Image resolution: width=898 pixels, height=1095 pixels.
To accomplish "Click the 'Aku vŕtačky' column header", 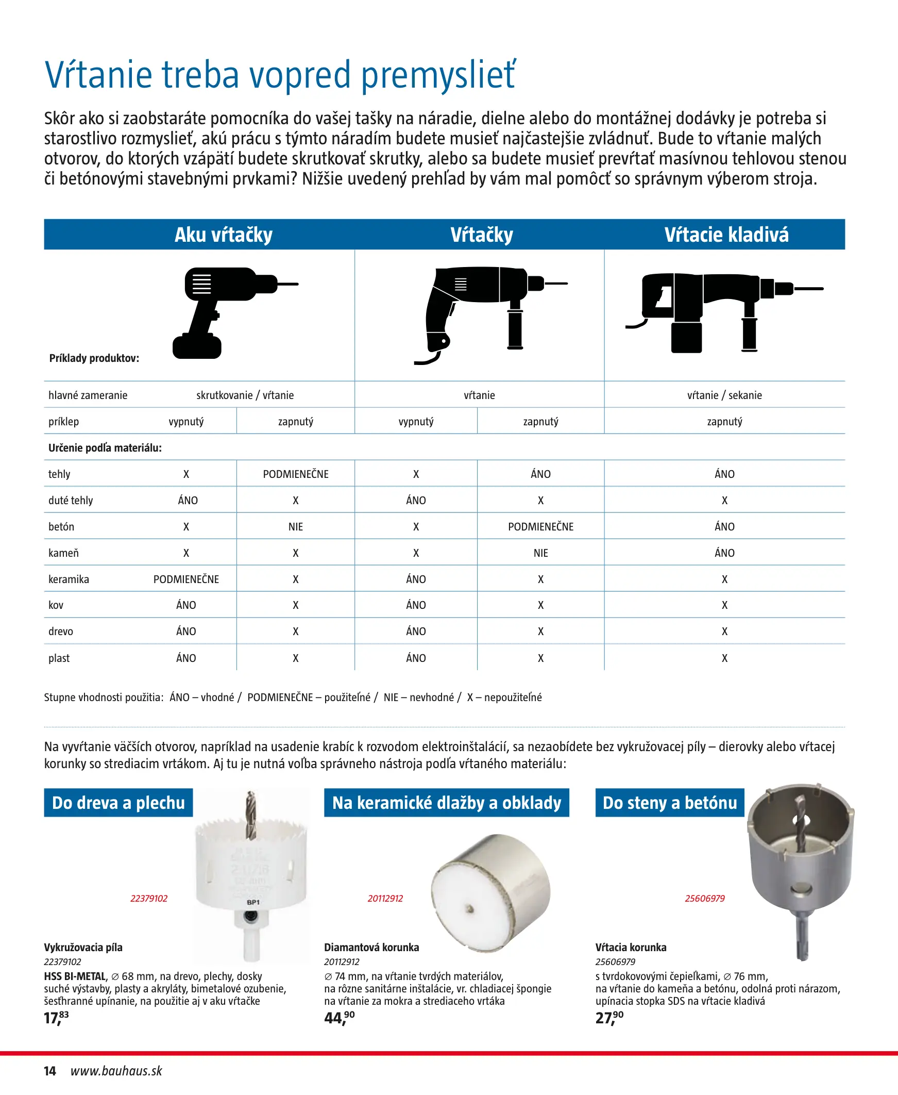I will tap(223, 235).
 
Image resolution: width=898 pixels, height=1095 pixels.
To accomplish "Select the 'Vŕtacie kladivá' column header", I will tap(726, 235).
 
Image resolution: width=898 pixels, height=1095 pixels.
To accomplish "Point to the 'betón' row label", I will tap(61, 526).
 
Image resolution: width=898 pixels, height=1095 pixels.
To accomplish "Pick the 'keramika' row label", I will tap(69, 579).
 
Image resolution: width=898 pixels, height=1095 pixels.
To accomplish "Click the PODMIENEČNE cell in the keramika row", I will tap(185, 579).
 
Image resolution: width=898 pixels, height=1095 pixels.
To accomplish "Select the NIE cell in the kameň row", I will tap(540, 553).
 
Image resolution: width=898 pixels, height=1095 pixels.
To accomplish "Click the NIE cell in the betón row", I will tap(295, 526).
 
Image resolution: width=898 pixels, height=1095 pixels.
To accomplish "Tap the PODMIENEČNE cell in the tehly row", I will tap(295, 474).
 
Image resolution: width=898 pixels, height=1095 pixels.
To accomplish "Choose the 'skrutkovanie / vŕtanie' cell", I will tap(245, 395).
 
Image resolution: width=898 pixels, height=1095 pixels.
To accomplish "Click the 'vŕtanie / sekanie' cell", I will tap(724, 395).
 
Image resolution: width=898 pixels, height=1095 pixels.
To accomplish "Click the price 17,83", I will tap(56, 1018).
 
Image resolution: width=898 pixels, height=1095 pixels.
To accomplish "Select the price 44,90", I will tap(340, 1018).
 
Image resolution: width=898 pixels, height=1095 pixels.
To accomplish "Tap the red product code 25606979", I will tap(704, 899).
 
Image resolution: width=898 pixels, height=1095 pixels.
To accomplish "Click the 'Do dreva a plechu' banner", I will tap(118, 803).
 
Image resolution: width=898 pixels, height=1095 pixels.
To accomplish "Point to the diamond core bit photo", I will tap(490, 892).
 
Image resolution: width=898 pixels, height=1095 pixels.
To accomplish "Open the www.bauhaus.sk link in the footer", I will tap(116, 1071).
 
